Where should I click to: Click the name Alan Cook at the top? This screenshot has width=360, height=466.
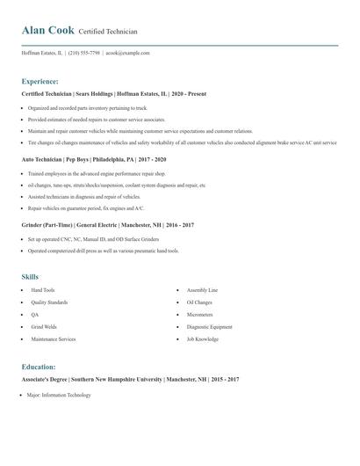click(x=48, y=31)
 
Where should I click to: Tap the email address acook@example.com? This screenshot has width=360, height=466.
click(x=128, y=53)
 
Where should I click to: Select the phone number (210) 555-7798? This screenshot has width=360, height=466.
click(x=84, y=53)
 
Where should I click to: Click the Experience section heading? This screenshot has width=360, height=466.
click(x=40, y=81)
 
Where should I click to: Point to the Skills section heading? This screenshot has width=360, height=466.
click(x=31, y=276)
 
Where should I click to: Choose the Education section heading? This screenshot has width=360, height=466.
click(x=39, y=367)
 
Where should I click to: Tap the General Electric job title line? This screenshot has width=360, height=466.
click(x=107, y=225)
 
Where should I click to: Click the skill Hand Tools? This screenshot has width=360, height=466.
click(x=43, y=289)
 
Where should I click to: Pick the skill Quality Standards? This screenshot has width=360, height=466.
click(x=49, y=302)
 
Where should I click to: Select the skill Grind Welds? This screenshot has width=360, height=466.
click(x=44, y=326)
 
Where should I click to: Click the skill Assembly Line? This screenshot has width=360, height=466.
click(x=202, y=289)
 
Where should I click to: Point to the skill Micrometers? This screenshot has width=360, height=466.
click(x=200, y=314)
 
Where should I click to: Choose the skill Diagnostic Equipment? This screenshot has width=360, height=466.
click(x=209, y=326)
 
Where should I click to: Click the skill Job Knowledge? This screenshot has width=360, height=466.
click(x=203, y=339)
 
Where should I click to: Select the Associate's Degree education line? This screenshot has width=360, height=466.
click(x=130, y=379)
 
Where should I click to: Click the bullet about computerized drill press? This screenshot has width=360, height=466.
click(x=103, y=251)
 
